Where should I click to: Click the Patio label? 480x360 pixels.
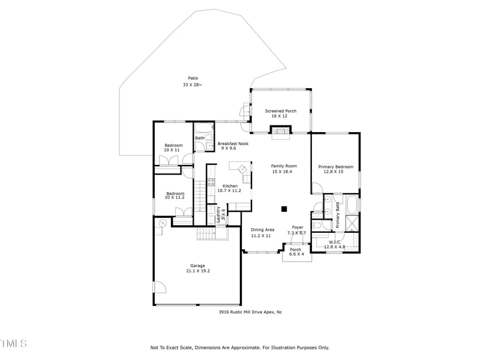pyautogui.click(x=193, y=78)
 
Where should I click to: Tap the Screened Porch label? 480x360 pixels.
pyautogui.click(x=280, y=111)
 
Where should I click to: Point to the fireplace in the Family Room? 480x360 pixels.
pyautogui.click(x=280, y=132)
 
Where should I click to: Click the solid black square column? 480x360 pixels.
pyautogui.click(x=284, y=209)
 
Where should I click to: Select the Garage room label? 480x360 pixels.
pyautogui.click(x=197, y=265)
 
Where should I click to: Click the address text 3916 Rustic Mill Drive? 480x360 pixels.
pyautogui.click(x=250, y=312)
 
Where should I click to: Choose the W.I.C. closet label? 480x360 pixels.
pyautogui.click(x=335, y=242)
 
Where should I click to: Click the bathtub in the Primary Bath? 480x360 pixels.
pyautogui.click(x=352, y=205)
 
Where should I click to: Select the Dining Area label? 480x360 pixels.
pyautogui.click(x=262, y=230)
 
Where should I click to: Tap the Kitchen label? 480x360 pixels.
pyautogui.click(x=230, y=186)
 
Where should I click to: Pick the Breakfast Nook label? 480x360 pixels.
pyautogui.click(x=233, y=144)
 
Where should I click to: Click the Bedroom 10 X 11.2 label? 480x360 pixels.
pyautogui.click(x=175, y=194)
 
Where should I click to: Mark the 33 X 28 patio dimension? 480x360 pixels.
pyautogui.click(x=193, y=85)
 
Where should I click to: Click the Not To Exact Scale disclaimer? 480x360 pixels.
pyautogui.click(x=239, y=347)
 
